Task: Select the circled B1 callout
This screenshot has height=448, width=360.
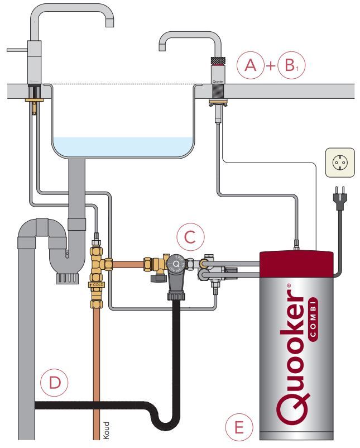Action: (x=291, y=65)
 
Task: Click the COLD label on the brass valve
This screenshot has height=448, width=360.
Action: (x=98, y=285)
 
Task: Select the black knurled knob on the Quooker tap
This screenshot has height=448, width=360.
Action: (x=217, y=60)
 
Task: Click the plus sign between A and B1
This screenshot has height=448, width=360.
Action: (x=271, y=66)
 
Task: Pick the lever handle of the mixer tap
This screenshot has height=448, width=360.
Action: (x=17, y=49)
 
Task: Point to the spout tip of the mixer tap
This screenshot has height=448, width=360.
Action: (x=109, y=24)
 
